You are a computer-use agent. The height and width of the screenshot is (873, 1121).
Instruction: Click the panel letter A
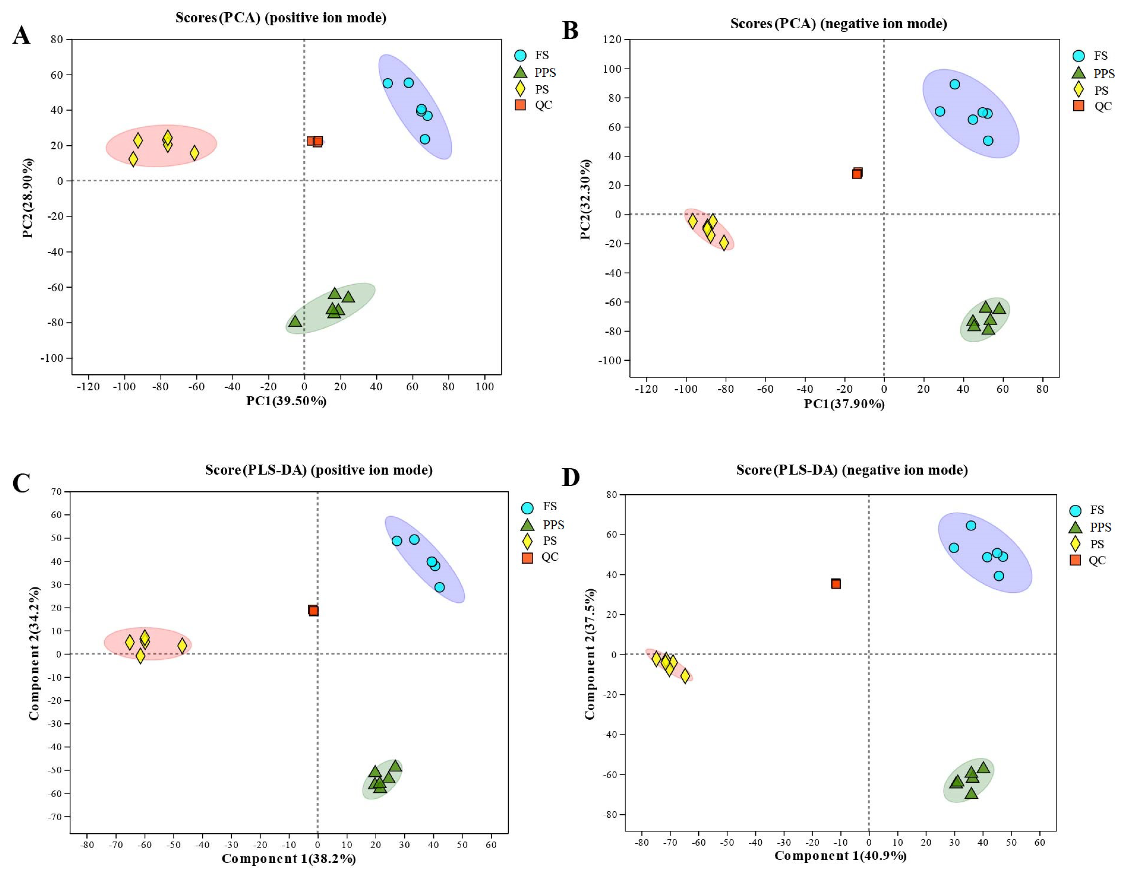coord(21,36)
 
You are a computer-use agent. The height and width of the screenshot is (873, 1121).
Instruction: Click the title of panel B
coord(838,24)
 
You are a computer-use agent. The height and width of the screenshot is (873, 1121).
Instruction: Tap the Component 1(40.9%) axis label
coord(840,856)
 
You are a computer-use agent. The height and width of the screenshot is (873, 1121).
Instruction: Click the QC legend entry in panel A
coord(534,105)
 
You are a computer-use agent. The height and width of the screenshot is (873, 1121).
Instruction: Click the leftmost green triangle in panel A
coord(295,321)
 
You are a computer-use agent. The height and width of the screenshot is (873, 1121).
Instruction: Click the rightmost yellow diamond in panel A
coord(194,153)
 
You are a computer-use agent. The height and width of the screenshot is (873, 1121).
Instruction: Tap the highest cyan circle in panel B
coord(954,84)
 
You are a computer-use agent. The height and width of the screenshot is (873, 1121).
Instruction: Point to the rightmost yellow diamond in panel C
coord(182,646)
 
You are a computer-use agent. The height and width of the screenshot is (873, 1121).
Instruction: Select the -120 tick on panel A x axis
coord(88,387)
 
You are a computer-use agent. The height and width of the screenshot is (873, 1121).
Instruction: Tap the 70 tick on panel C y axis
coord(57,492)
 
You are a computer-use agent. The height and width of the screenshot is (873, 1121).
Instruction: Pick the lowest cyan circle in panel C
coord(439,587)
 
